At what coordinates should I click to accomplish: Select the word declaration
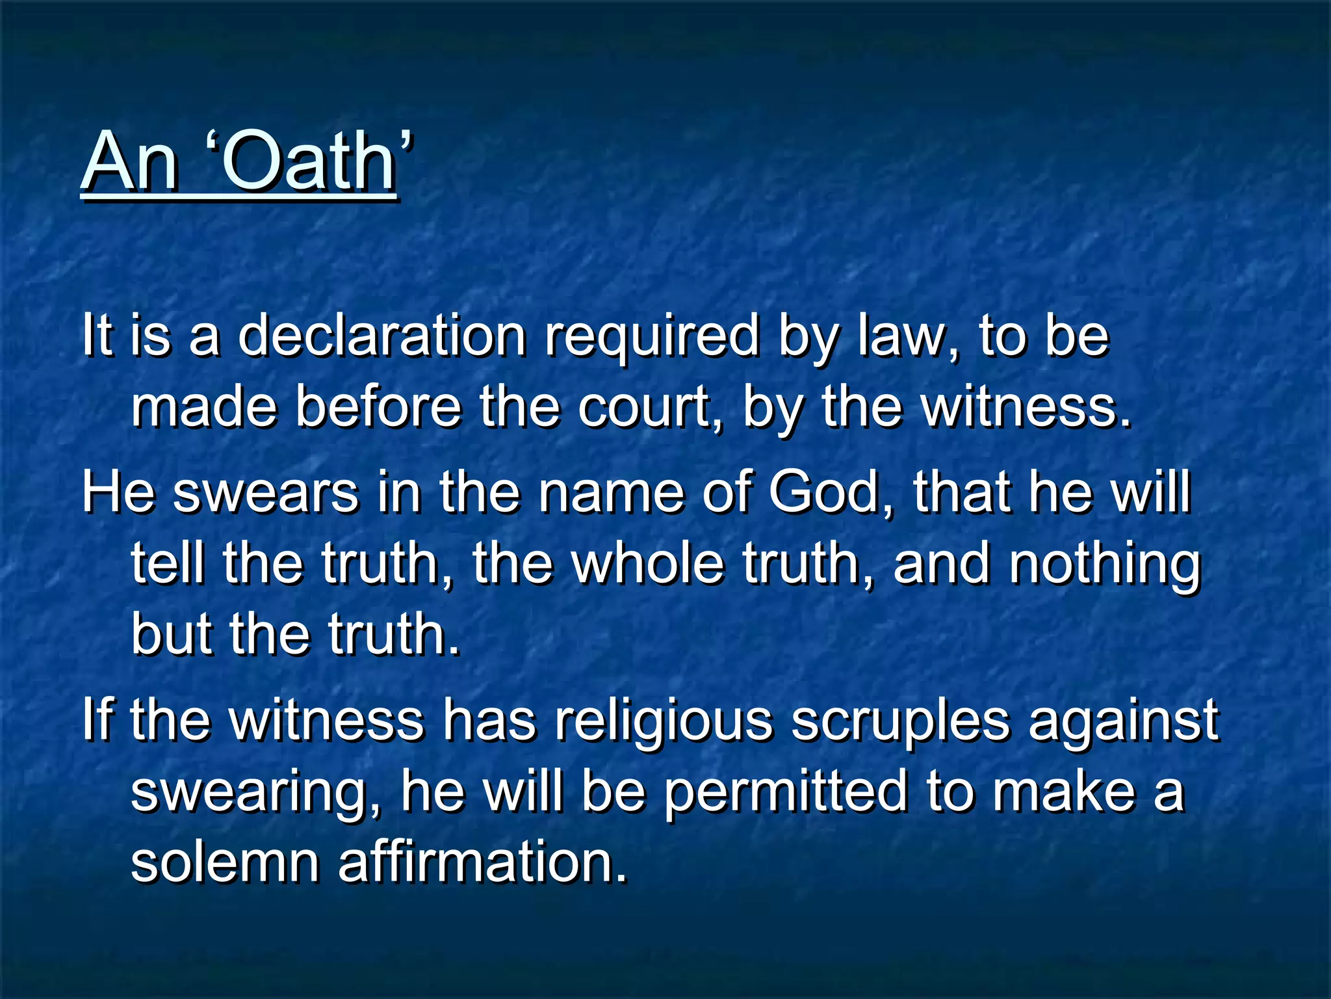381,336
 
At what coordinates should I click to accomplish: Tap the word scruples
900,722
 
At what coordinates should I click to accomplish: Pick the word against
1123,722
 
